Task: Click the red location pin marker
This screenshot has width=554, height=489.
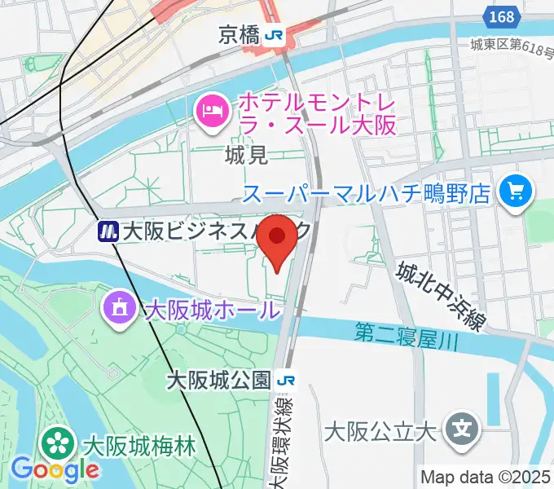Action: coord(279,239)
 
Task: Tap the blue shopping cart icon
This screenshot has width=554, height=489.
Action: coord(516,192)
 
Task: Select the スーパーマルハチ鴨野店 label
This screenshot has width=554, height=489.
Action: coord(367,194)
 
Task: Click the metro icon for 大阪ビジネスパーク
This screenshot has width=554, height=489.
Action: coord(106,232)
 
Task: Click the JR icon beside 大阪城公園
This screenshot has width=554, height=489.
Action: coord(287,380)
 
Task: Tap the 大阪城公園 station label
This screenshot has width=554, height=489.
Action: coord(218,380)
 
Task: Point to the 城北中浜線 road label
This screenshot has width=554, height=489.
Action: coord(441,296)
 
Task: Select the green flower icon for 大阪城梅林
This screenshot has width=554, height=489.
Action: coord(59,445)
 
